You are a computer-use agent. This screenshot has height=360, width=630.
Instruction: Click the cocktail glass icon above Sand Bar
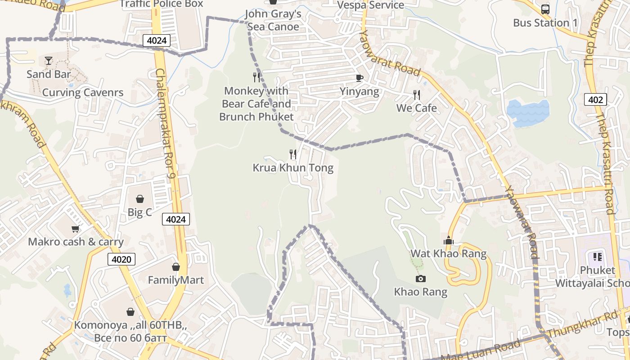[49, 61]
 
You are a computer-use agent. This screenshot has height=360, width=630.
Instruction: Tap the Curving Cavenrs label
[83, 93]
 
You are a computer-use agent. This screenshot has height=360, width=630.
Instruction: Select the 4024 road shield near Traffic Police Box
[157, 40]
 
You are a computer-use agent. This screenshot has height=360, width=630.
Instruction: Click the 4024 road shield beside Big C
[175, 219]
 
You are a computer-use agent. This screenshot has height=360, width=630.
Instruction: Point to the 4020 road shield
[121, 259]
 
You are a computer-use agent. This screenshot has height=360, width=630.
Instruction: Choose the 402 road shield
[595, 99]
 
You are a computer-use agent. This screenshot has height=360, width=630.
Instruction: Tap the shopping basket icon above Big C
[140, 199]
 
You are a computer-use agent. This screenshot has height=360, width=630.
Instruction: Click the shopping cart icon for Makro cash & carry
[76, 229]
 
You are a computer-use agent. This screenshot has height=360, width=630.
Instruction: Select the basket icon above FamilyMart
[176, 267]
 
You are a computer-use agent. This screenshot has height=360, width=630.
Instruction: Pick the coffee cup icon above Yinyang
[359, 78]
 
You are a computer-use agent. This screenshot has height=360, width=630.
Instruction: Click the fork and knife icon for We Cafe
[417, 95]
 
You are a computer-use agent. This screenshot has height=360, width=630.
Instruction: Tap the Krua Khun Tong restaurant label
[293, 168]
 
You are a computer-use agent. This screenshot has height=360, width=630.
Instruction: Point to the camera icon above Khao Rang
[421, 279]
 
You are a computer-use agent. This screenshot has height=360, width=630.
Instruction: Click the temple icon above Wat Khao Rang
[448, 241]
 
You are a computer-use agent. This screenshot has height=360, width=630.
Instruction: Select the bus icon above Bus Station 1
[545, 9]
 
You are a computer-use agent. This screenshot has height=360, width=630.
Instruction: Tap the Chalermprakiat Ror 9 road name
[165, 121]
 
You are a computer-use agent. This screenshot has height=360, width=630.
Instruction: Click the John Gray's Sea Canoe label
[273, 20]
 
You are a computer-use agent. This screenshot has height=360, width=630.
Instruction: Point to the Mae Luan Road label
[481, 351]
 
